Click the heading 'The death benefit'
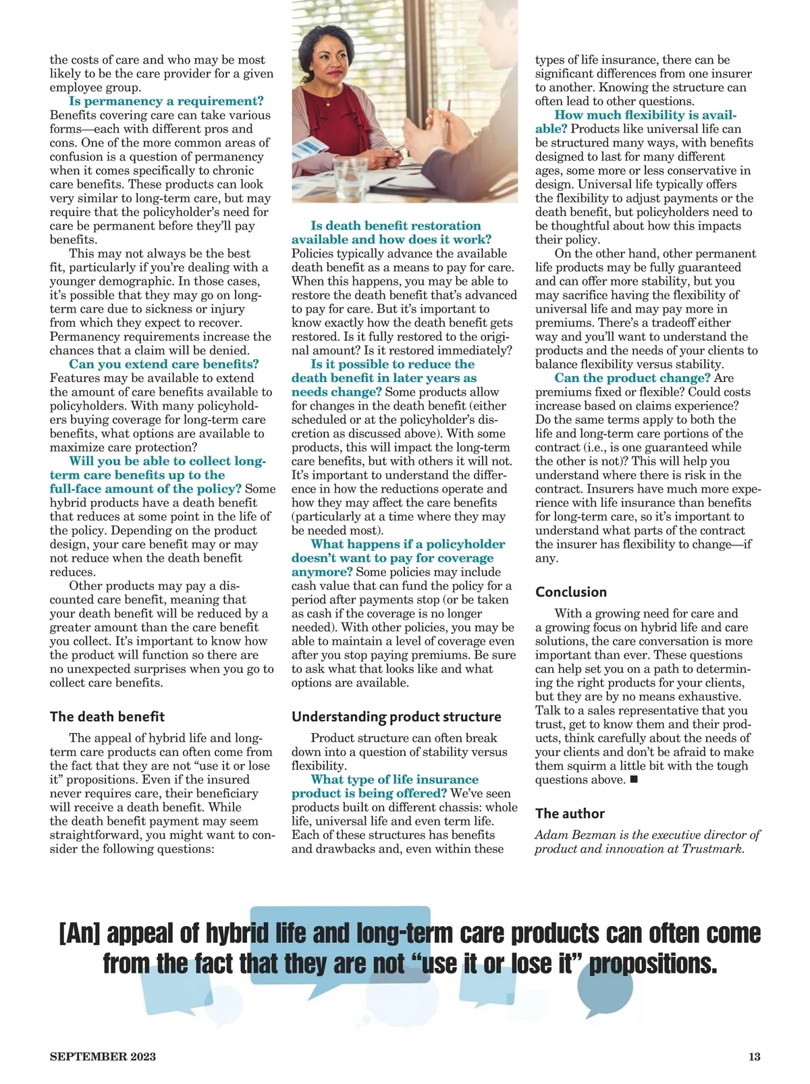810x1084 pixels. pyautogui.click(x=107, y=717)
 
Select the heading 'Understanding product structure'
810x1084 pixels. pyautogui.click(x=396, y=717)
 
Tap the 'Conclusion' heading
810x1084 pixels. pyautogui.click(x=571, y=592)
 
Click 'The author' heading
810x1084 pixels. pyautogui.click(x=570, y=813)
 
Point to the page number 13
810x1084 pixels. pyautogui.click(x=754, y=1056)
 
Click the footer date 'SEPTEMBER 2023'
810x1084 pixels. pyautogui.click(x=103, y=1056)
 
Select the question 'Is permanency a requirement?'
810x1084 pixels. pyautogui.click(x=166, y=101)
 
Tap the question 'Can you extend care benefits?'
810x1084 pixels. pyautogui.click(x=164, y=364)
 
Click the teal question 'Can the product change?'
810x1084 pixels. pyautogui.click(x=632, y=378)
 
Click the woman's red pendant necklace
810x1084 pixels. pyautogui.click(x=328, y=103)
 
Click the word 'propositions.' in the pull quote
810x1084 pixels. pyautogui.click(x=653, y=963)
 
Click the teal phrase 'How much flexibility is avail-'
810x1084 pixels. pyautogui.click(x=645, y=115)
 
